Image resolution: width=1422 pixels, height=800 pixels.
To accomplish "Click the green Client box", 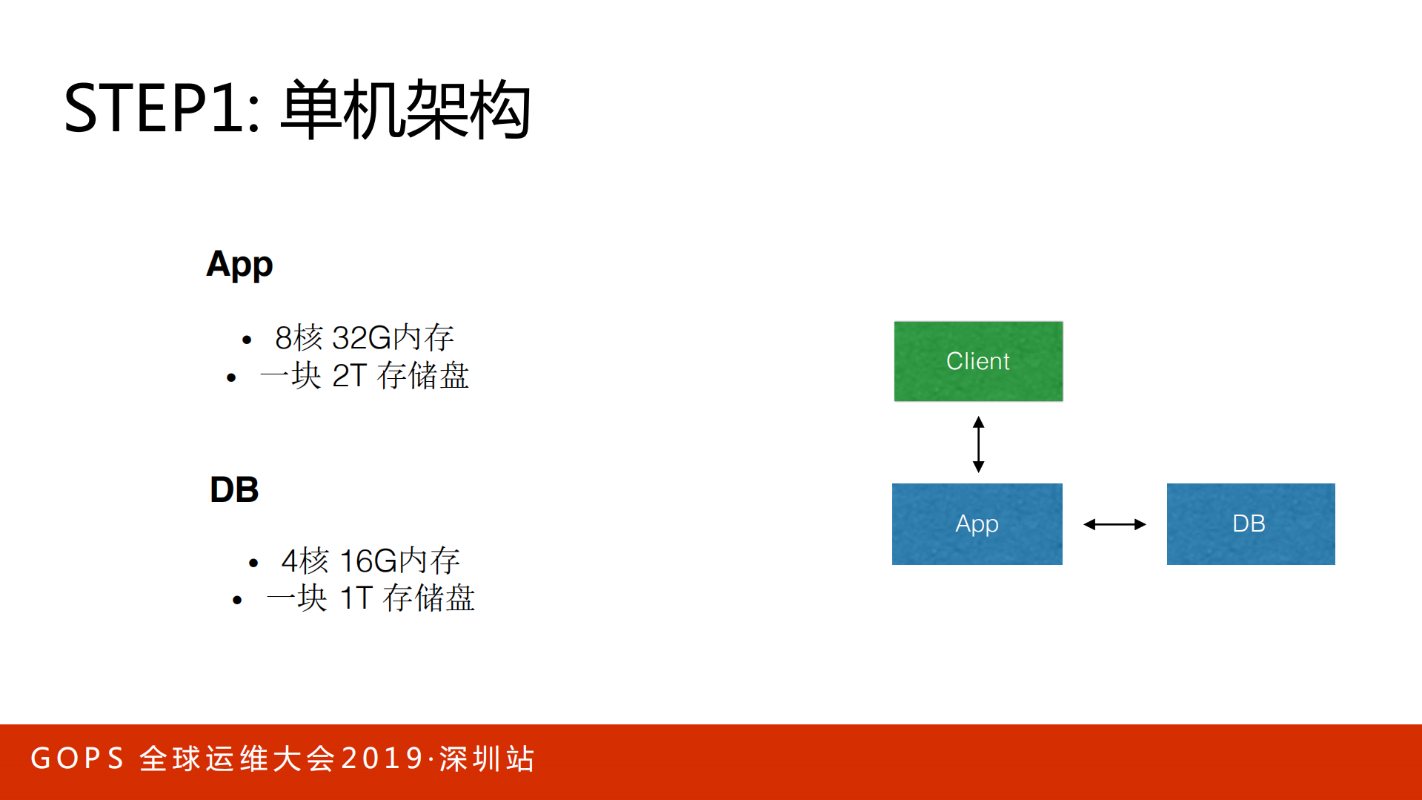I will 978,361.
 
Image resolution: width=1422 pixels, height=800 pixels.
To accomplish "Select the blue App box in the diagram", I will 977,523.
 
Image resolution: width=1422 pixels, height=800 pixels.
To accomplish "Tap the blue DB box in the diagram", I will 1250,523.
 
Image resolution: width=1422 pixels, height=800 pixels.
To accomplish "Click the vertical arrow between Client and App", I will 978,444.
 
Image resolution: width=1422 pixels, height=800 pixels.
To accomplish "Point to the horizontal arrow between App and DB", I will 1114,524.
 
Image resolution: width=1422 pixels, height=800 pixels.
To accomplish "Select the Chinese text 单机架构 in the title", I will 405,110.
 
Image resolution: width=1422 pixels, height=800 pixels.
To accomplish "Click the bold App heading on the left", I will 239,265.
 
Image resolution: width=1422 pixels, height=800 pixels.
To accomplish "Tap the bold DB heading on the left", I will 234,490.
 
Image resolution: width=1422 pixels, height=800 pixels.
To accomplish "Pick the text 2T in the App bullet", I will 349,376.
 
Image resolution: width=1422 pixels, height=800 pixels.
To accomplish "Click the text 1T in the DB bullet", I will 356,598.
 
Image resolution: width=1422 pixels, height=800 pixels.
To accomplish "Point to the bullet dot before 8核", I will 247,340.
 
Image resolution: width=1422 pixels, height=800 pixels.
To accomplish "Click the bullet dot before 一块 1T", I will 237,600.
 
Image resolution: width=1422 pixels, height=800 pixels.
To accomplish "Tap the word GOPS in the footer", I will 77,758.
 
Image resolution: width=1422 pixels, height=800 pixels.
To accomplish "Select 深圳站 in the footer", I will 487,758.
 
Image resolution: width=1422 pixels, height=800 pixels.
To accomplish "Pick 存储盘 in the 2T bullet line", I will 423,376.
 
